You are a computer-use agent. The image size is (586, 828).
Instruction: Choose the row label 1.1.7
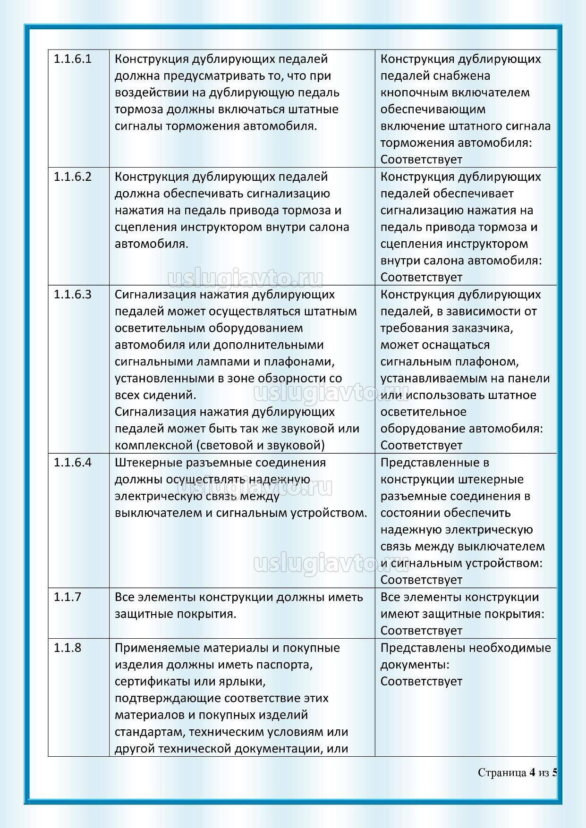[67, 597]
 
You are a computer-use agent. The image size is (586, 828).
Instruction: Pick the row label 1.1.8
[67, 648]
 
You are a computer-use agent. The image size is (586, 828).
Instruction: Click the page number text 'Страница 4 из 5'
[518, 773]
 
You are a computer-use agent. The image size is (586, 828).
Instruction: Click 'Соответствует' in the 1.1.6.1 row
[421, 160]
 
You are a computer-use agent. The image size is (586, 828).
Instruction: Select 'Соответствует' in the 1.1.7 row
[421, 631]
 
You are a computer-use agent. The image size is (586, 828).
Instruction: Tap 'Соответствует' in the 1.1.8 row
[421, 681]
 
